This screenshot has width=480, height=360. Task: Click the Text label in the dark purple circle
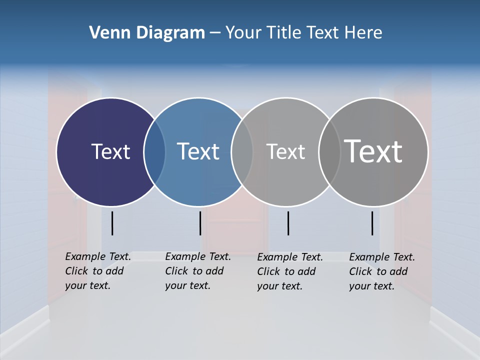[110, 151]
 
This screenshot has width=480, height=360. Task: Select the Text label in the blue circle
[198, 151]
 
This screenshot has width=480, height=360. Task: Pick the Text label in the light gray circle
[285, 151]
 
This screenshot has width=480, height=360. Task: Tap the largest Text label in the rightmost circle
[373, 151]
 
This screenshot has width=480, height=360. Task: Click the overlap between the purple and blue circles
[154, 152]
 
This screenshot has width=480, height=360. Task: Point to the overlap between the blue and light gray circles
[242, 152]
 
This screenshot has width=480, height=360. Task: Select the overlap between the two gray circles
[329, 152]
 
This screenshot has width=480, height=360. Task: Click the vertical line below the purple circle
[112, 223]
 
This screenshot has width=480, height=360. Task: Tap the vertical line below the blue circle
[200, 223]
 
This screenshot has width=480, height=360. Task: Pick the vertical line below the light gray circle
[288, 223]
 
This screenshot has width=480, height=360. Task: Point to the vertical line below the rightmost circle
[372, 223]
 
